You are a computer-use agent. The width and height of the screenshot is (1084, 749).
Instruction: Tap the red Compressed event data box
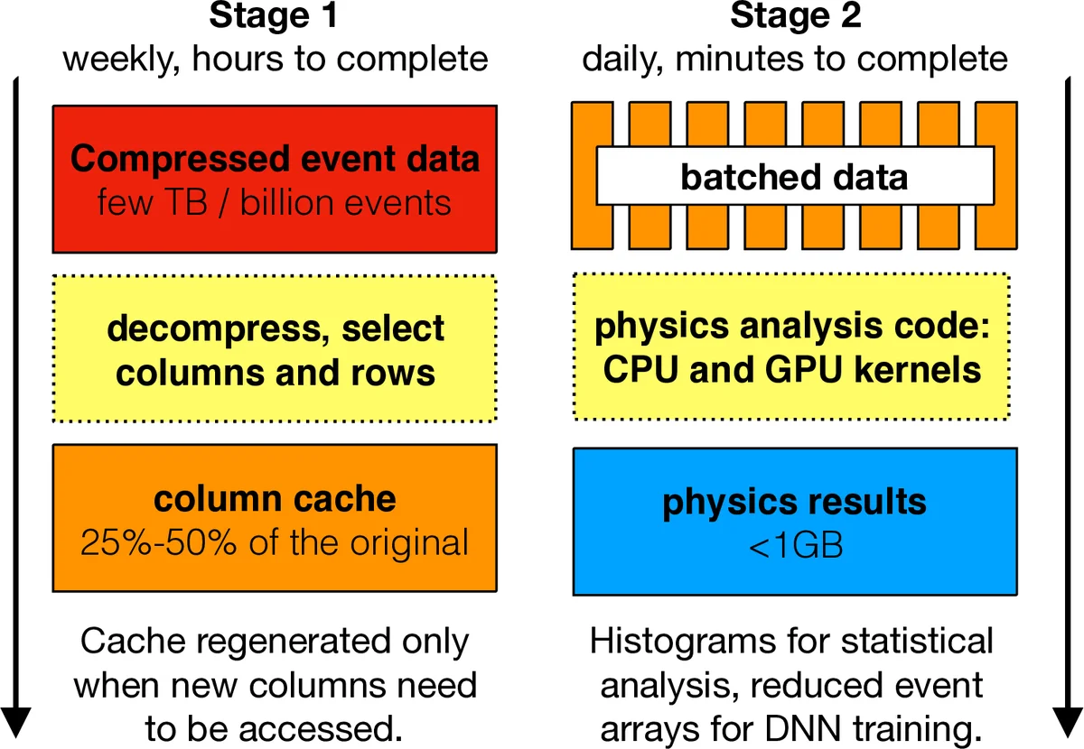click(x=275, y=179)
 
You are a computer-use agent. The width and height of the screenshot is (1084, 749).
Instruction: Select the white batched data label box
click(x=795, y=177)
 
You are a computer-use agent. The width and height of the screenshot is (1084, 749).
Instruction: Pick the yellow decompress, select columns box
click(x=275, y=348)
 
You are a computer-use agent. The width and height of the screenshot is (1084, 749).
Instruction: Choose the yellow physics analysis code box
click(x=791, y=347)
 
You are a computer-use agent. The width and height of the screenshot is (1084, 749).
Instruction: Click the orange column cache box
click(x=275, y=518)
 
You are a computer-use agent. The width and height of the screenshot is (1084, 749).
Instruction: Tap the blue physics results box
click(x=795, y=520)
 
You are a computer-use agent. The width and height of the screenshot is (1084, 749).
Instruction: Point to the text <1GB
click(x=795, y=546)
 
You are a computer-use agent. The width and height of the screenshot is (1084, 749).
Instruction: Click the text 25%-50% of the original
click(x=275, y=543)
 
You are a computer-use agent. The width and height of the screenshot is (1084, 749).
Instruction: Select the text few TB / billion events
click(x=275, y=202)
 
